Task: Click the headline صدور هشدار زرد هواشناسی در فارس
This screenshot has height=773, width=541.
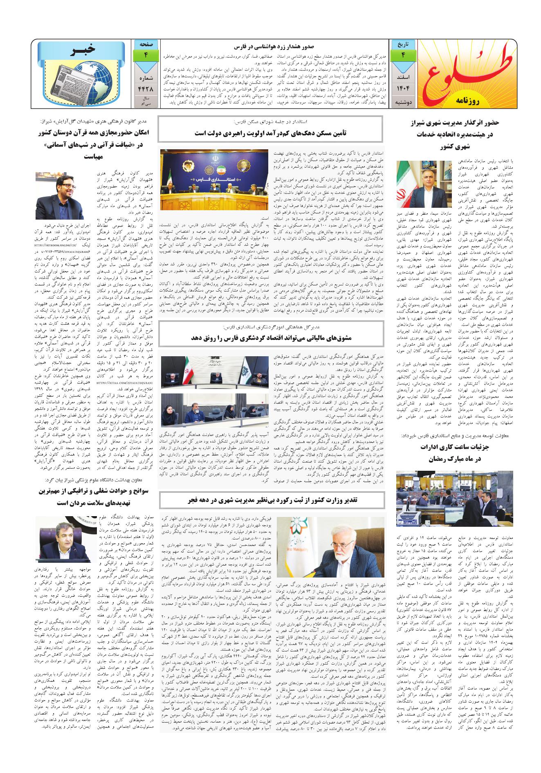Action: click(x=273, y=47)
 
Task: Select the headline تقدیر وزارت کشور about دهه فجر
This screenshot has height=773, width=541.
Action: click(x=270, y=500)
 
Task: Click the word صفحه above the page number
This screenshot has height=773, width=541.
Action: click(x=146, y=43)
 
